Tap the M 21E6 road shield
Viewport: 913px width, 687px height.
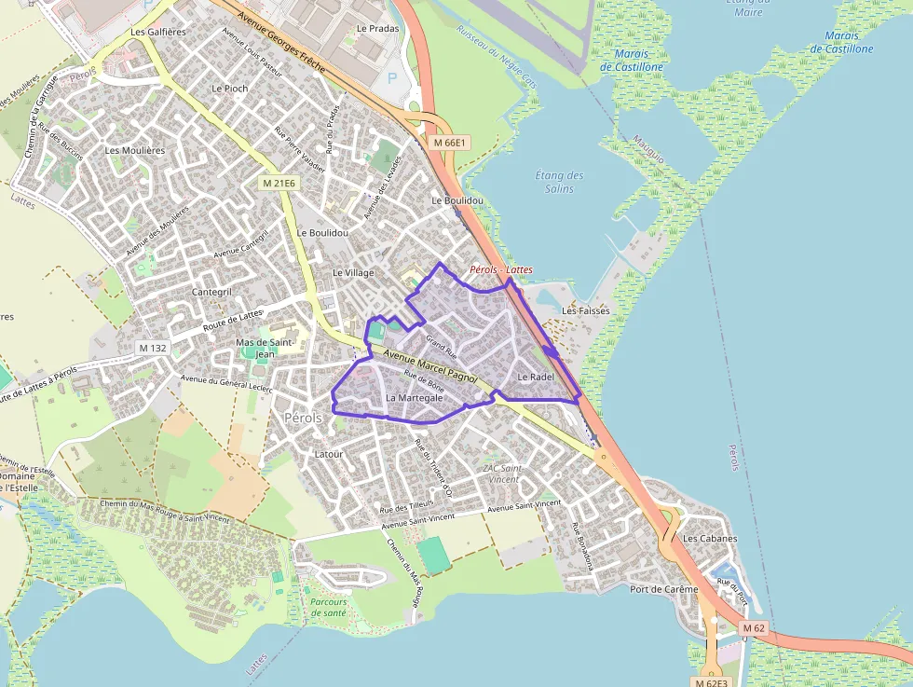(x=279, y=184)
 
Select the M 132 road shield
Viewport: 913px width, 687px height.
(x=153, y=348)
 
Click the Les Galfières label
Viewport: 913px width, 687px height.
(x=158, y=33)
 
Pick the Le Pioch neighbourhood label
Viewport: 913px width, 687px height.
(x=230, y=89)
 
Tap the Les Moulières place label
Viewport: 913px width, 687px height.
(x=135, y=150)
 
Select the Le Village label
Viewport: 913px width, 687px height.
(x=353, y=273)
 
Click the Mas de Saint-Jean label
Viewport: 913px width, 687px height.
(x=266, y=348)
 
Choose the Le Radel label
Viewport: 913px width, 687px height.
(x=536, y=377)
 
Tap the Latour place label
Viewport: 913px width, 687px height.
(x=329, y=454)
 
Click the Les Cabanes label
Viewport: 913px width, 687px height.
(x=710, y=539)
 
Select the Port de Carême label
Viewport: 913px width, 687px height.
(x=663, y=589)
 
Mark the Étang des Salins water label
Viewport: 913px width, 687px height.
(x=560, y=182)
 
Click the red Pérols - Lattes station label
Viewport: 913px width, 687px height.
(x=501, y=269)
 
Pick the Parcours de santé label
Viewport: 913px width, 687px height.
(x=328, y=607)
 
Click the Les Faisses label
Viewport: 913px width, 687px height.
(x=586, y=310)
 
